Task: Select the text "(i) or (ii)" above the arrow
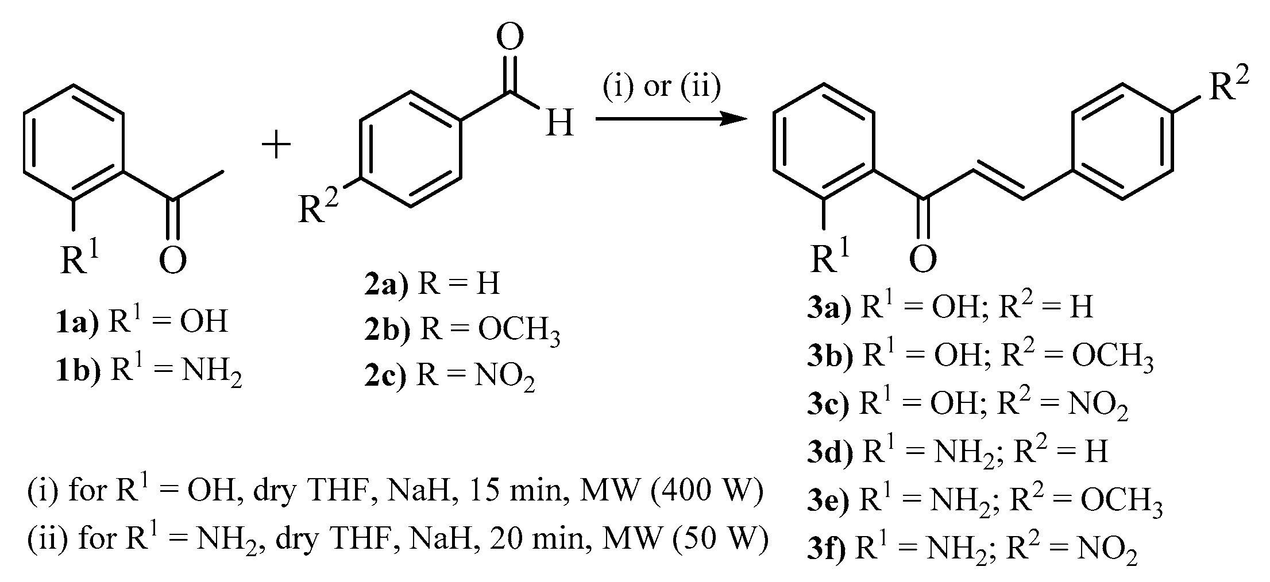pyautogui.click(x=661, y=87)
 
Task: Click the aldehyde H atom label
pyautogui.click(x=559, y=123)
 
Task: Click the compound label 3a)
pyautogui.click(x=831, y=308)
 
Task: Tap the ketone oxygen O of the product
pyautogui.click(x=922, y=259)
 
